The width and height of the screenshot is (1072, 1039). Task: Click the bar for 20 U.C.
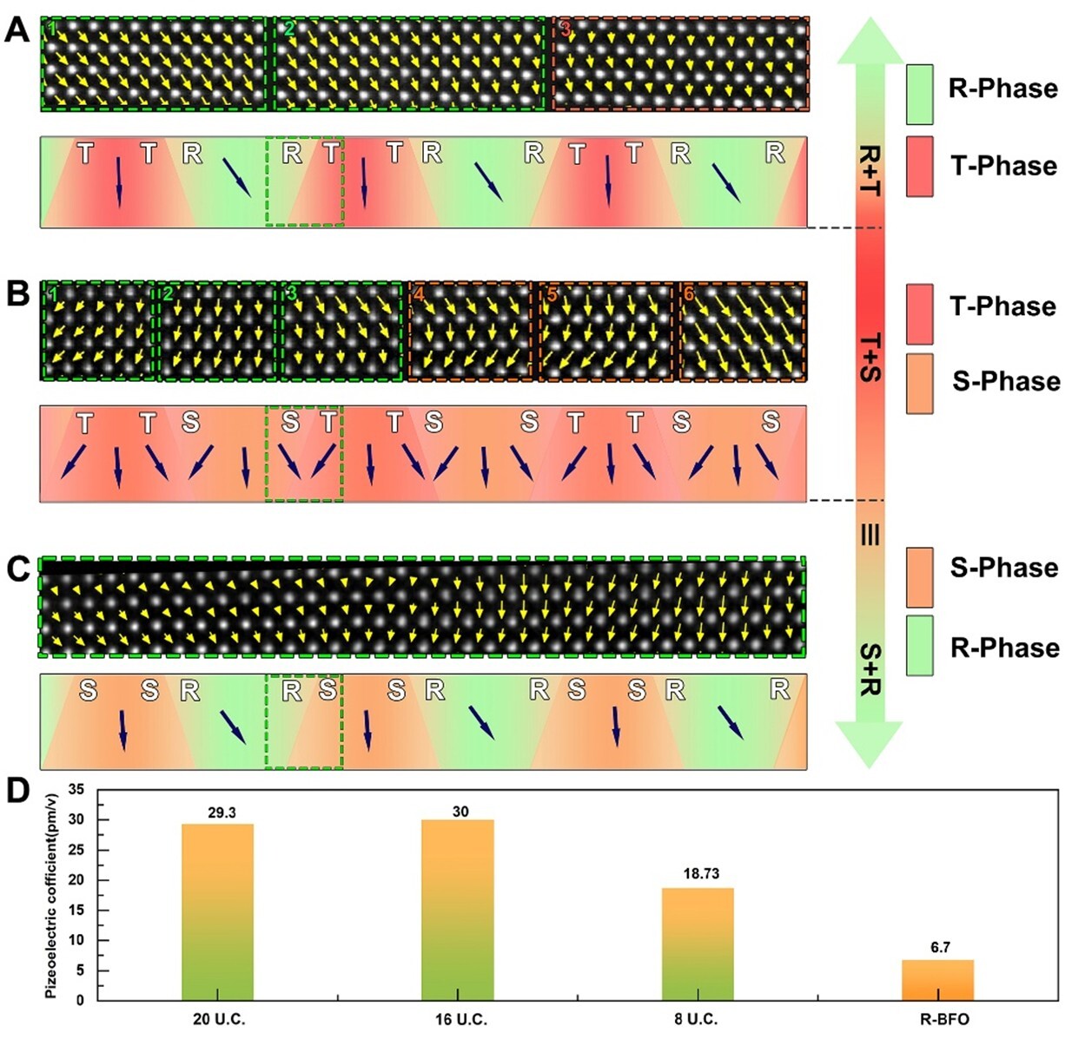[x=217, y=911]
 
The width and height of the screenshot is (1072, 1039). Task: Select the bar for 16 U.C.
[x=457, y=910]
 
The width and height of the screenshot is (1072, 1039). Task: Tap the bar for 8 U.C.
[x=698, y=944]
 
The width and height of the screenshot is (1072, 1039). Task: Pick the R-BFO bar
[x=937, y=980]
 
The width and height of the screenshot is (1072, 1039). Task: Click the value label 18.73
[x=701, y=874]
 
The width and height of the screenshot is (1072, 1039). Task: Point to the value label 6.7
[x=940, y=947]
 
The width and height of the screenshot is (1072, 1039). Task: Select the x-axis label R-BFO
[x=943, y=1019]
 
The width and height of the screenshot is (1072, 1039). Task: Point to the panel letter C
[x=17, y=569]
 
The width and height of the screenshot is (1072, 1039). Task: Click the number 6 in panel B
[x=688, y=293]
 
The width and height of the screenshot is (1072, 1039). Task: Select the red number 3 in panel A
[x=565, y=30]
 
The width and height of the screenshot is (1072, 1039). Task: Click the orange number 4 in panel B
[x=419, y=294]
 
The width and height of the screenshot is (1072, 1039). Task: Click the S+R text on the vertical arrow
[x=870, y=669]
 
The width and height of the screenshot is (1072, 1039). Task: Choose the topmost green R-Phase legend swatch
[x=919, y=94]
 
